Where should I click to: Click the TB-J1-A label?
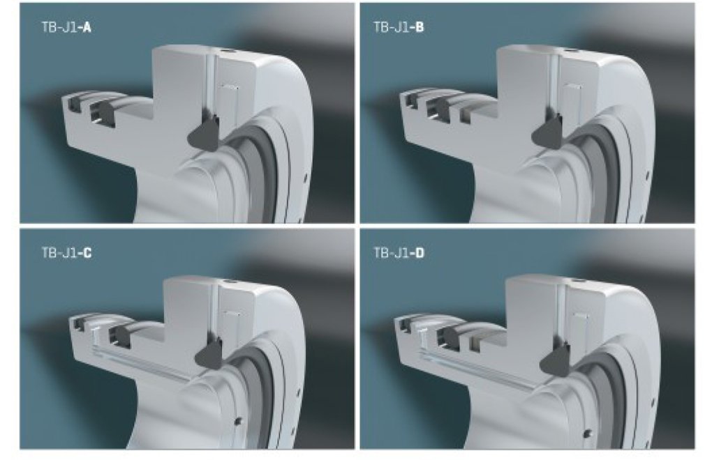click(x=66, y=28)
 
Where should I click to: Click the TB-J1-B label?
click(x=399, y=27)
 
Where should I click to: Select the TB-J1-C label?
click(x=66, y=252)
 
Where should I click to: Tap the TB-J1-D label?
click(x=399, y=252)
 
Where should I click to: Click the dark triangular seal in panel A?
click(x=205, y=135)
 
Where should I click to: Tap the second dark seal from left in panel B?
click(x=439, y=109)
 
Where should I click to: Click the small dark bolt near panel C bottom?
click(x=237, y=422)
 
